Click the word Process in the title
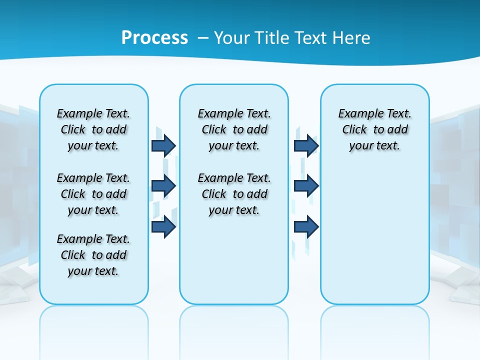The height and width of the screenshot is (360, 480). (x=154, y=37)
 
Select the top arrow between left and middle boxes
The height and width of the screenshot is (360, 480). (x=163, y=145)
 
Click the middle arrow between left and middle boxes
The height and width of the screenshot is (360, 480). (x=163, y=186)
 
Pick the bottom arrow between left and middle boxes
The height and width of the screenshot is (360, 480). (x=163, y=226)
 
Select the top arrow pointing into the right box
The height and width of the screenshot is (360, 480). (x=306, y=145)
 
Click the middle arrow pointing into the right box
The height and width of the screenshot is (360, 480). (x=306, y=186)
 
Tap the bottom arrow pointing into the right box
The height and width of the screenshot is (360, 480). (x=306, y=226)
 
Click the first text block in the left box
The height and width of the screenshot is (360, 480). (x=93, y=129)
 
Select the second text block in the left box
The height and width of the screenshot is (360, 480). (x=93, y=194)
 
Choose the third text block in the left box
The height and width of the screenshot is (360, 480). (x=93, y=255)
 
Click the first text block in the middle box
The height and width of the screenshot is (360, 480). (x=234, y=129)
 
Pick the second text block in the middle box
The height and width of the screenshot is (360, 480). (x=234, y=194)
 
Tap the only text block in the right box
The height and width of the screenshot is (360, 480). (x=375, y=129)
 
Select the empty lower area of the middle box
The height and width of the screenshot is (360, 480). (x=234, y=260)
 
